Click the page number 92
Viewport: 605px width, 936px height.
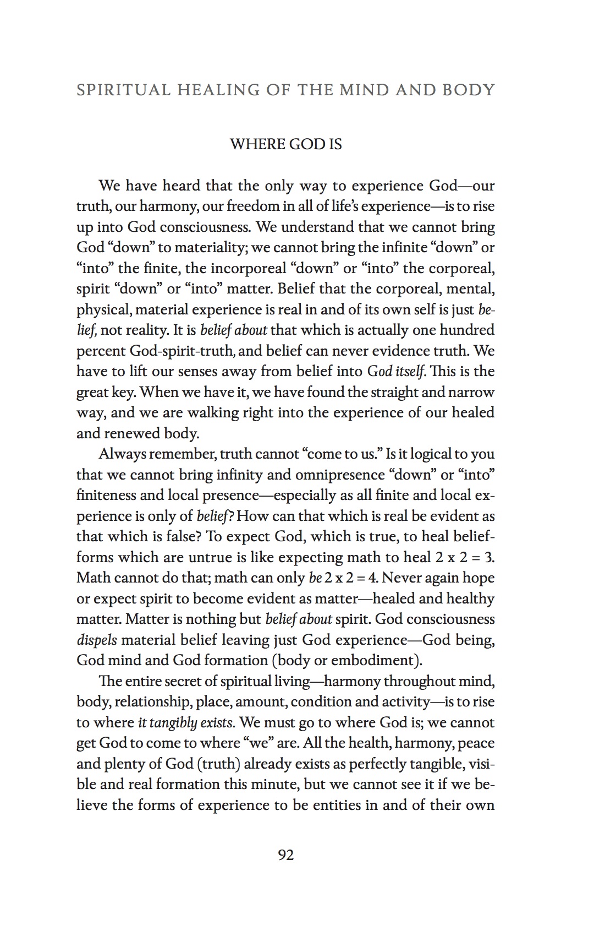coord(286,855)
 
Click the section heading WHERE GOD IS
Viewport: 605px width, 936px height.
coord(285,144)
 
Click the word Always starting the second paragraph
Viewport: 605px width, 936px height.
coord(123,454)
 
